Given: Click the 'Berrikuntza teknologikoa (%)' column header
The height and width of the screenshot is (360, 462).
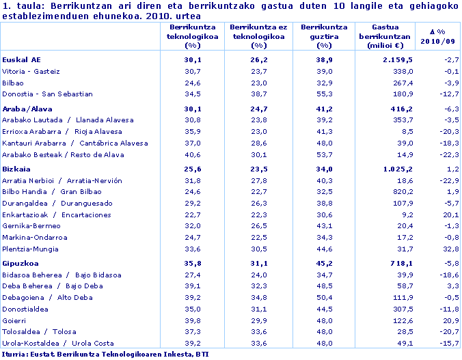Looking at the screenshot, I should pos(193,36).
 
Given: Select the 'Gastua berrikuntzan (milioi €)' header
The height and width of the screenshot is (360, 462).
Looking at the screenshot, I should pos(385,36).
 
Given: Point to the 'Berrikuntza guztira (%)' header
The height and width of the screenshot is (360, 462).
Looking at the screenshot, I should pos(320,36).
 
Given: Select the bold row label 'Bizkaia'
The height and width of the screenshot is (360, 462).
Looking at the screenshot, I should pos(18,169).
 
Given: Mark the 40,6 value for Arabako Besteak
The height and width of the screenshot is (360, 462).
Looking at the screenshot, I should pos(193,154).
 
